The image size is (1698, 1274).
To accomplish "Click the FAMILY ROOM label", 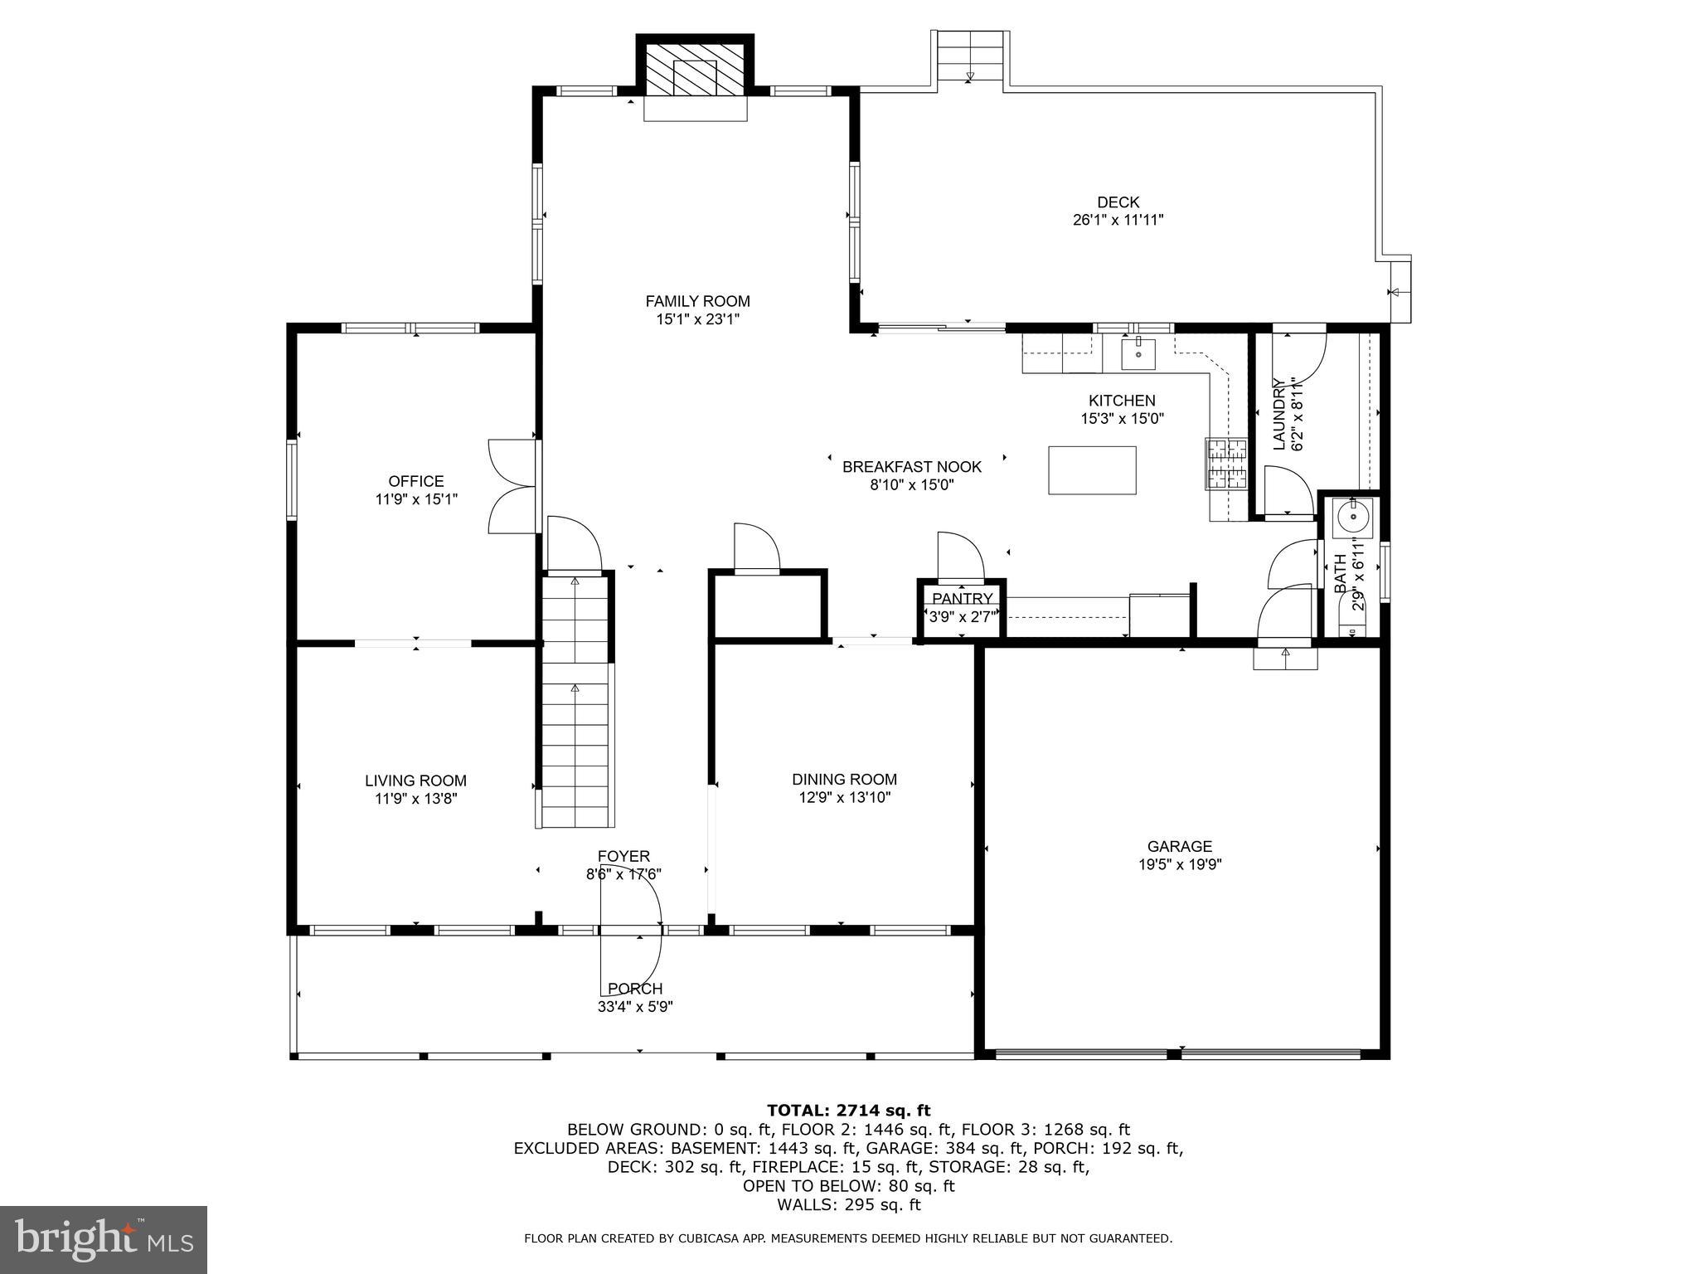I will click(697, 301).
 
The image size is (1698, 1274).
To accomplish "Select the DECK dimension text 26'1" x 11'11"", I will click(1118, 221).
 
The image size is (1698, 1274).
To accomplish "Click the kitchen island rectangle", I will click(1092, 470).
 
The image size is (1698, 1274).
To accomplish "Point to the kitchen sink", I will click(1138, 354).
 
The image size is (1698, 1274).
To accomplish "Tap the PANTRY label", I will click(962, 599).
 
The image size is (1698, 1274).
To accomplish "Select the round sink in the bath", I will click(1353, 518).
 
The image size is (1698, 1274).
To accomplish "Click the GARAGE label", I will click(1179, 846).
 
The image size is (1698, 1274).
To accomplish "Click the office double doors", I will click(512, 486).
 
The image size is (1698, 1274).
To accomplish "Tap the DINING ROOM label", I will click(844, 779).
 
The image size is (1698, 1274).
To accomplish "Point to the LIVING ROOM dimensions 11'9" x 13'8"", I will click(415, 799).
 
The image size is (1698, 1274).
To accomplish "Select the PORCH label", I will click(635, 989).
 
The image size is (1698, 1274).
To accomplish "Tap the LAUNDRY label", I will click(1278, 414).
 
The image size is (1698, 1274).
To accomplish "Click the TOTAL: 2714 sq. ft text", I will click(848, 1110).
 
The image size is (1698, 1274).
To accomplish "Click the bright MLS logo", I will click(104, 1239).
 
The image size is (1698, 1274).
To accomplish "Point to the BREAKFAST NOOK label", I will click(911, 467).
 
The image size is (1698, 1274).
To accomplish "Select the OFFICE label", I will click(416, 481).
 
